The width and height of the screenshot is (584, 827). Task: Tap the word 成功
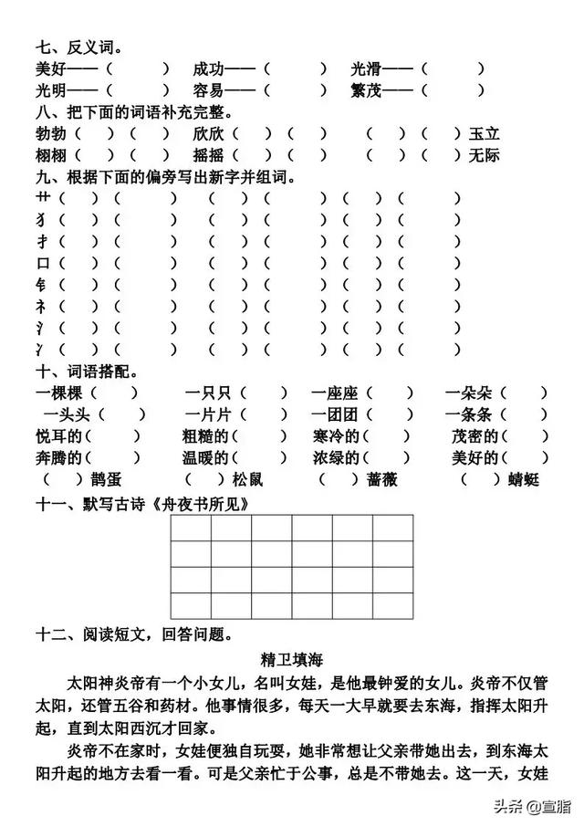pyautogui.click(x=208, y=68)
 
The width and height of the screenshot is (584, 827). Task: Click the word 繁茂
pyautogui.click(x=366, y=90)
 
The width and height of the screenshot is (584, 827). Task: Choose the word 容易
pyautogui.click(x=208, y=90)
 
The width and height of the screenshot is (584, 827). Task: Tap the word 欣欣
pyautogui.click(x=208, y=134)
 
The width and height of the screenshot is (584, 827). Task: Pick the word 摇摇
pyautogui.click(x=208, y=155)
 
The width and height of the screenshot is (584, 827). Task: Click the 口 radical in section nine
pyautogui.click(x=42, y=263)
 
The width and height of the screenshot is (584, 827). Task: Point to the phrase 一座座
pyautogui.click(x=333, y=393)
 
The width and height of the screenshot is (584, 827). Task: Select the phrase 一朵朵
pyautogui.click(x=469, y=393)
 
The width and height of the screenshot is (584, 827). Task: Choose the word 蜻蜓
pyautogui.click(x=523, y=480)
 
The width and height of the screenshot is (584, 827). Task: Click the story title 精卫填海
pyautogui.click(x=291, y=657)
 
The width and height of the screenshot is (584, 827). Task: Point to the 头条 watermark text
pyautogui.click(x=506, y=805)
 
